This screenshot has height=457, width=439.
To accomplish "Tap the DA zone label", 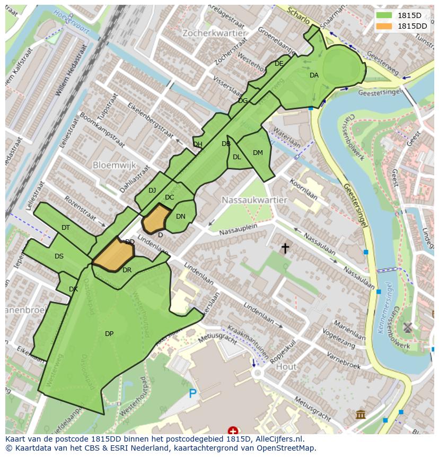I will [x=314, y=75].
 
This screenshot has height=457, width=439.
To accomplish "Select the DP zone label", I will [x=109, y=334].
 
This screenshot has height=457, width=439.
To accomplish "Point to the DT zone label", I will [x=66, y=228].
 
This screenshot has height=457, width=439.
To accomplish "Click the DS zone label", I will [x=59, y=256].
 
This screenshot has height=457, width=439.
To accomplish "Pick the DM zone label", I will [x=258, y=153].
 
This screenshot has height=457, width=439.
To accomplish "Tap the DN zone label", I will [x=180, y=217].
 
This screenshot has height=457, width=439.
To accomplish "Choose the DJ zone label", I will [x=152, y=191].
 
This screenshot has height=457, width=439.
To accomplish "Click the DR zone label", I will [x=127, y=270].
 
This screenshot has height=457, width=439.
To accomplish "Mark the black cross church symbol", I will [x=285, y=247].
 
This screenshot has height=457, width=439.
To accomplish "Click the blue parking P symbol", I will [x=192, y=394].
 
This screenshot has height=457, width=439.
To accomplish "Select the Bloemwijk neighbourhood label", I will [x=115, y=165].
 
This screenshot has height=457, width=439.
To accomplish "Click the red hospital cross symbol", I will [x=232, y=430].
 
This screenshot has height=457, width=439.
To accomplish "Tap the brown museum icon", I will [x=361, y=414].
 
